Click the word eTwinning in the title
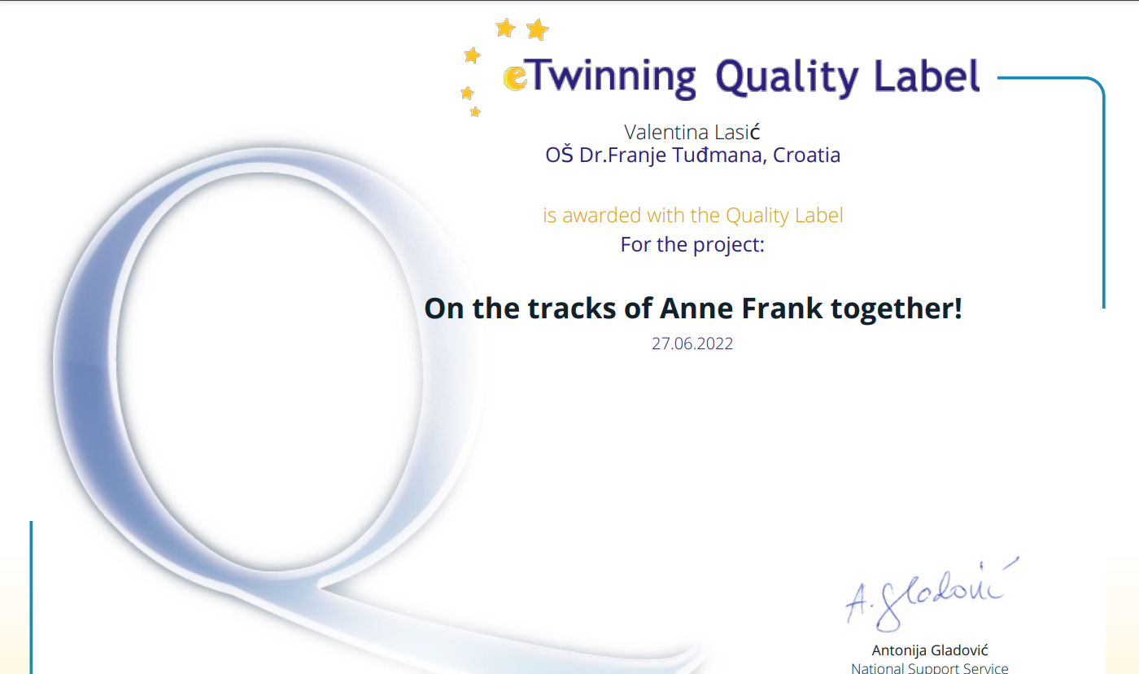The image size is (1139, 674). pos(599,77)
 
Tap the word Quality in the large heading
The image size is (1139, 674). pos(788,78)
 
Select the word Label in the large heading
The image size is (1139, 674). pos(927,76)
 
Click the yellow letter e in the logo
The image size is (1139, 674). pos(514,78)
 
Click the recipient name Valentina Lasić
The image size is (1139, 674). pos(692,132)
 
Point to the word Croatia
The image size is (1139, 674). pos(806,155)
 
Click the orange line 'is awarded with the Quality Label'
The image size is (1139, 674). pos(693,215)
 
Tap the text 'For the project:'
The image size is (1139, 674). pos(692,245)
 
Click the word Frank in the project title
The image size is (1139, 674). pos(782,309)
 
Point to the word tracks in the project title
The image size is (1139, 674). pos(571,309)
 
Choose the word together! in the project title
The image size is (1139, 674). pos(897,309)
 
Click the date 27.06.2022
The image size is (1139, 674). pos(692,344)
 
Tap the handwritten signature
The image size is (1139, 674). pos(931,595)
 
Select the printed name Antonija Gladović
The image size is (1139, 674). pos(930,650)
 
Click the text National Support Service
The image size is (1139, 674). pos(929,668)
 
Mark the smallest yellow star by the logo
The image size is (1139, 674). pos(475,112)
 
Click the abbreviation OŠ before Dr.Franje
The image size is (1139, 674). pos(560,155)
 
